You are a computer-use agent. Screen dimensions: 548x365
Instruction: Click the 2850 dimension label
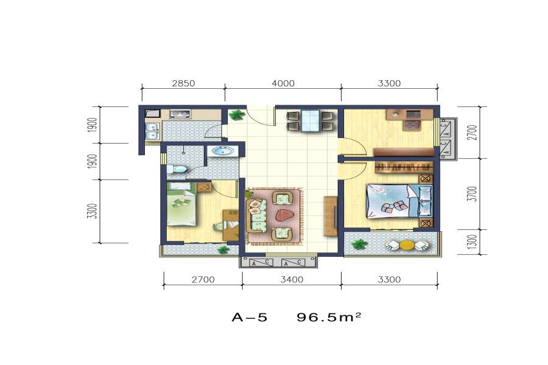183,83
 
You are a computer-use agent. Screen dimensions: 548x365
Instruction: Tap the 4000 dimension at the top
283,83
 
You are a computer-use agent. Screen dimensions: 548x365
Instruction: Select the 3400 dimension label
292,279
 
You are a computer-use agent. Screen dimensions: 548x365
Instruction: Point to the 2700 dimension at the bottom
203,279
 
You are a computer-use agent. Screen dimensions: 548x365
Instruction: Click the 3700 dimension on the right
472,194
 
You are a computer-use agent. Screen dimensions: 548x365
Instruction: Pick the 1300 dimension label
472,242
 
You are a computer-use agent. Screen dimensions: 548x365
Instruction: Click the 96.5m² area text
329,317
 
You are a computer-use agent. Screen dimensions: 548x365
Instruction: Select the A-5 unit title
250,317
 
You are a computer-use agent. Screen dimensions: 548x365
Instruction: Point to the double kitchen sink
152,131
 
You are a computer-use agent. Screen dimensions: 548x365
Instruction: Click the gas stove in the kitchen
180,114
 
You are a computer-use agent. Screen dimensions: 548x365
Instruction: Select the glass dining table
310,121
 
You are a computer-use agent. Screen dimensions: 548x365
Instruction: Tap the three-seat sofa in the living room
257,215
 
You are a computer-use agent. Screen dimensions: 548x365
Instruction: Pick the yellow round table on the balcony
407,245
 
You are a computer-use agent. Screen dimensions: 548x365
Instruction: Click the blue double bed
399,201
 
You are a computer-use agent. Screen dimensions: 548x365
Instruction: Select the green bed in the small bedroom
181,204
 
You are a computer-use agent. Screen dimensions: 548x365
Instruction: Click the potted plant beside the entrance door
237,115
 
